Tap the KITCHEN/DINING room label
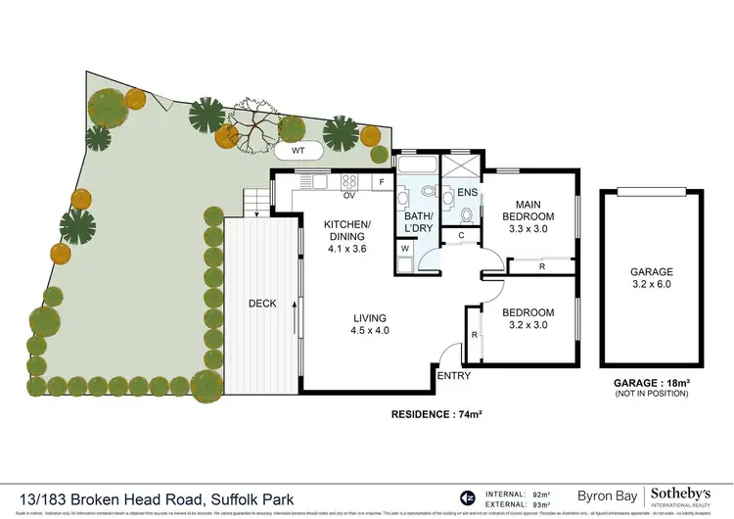point(347,236)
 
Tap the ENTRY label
point(453,375)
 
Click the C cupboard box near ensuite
point(461,235)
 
